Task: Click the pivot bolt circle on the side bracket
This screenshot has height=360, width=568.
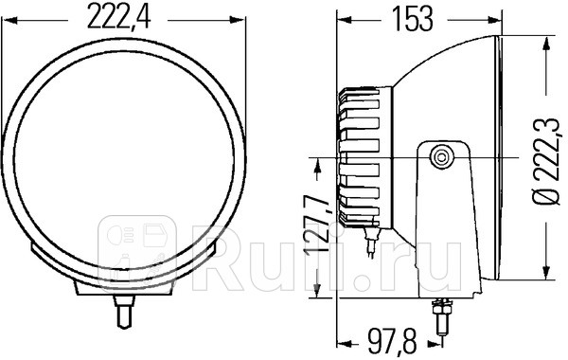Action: point(440,156)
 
